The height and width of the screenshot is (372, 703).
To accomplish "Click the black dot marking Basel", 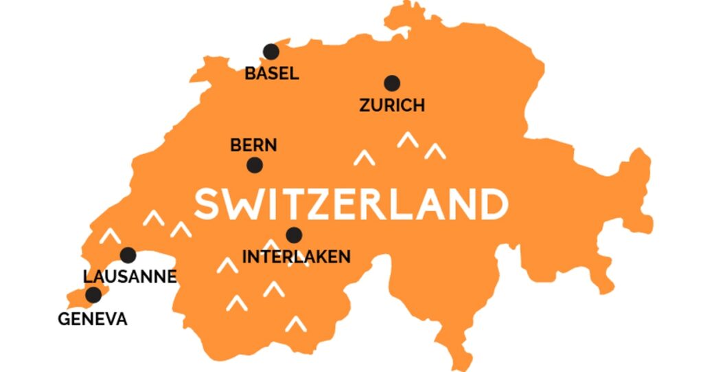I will [x=271, y=52].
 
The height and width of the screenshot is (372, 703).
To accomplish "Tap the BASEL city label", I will [x=272, y=74].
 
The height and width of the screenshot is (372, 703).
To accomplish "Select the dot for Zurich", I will [x=392, y=83].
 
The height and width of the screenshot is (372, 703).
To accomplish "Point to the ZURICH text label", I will [x=392, y=105].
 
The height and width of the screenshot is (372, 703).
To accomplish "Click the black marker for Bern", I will [x=255, y=165].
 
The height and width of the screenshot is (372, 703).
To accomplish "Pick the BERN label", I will [x=253, y=145].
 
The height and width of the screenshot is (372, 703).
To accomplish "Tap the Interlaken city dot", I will [x=294, y=235].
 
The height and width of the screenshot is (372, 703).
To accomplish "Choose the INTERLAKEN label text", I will [x=297, y=257].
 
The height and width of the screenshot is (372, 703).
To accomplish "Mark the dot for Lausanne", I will [x=128, y=255].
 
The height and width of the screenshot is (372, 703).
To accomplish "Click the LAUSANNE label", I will [x=130, y=277].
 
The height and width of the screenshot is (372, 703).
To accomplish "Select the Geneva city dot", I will [x=93, y=295].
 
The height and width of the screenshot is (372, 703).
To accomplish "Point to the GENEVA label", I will [x=93, y=319].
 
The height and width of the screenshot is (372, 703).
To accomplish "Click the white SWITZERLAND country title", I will [x=351, y=204].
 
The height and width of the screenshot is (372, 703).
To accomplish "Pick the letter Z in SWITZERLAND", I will [x=332, y=204].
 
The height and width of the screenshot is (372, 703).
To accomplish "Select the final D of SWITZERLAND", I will [x=493, y=204].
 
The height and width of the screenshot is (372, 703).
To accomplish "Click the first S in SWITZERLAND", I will [x=207, y=204].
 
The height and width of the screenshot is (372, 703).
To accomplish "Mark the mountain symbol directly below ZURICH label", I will [x=408, y=140].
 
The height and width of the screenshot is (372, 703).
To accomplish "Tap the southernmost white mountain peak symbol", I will [x=296, y=323].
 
